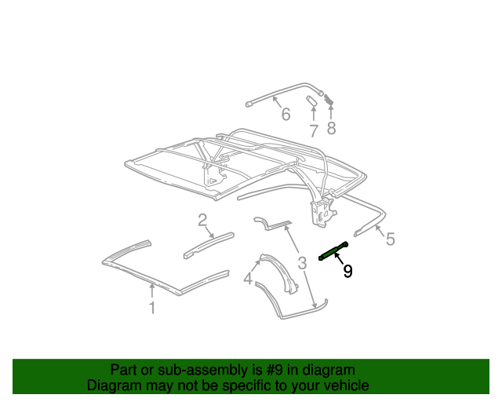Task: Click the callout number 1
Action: tap(152, 309)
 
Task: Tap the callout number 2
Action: tap(202, 220)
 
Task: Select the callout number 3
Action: tap(301, 262)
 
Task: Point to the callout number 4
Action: tap(248, 279)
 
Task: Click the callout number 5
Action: tap(391, 239)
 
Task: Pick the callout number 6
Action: tap(286, 115)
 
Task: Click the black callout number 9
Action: tap(347, 271)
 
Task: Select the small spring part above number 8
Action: tap(329, 100)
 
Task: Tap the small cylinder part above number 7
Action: tap(311, 101)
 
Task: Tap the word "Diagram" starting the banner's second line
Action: tap(113, 386)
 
